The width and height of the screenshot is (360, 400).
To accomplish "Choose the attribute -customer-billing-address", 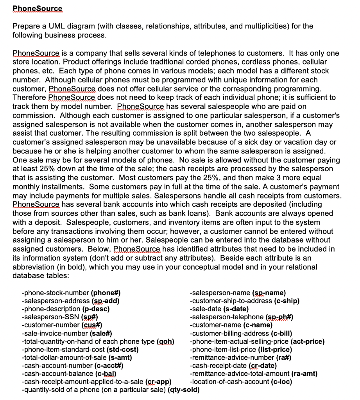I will [229, 334].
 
